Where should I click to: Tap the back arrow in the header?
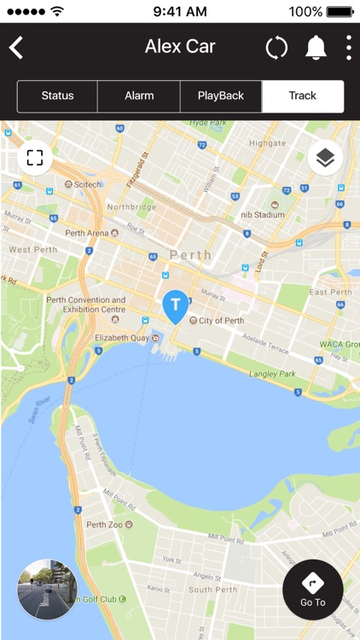[x=16, y=48]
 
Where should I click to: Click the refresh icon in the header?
[x=276, y=48]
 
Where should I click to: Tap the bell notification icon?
[x=316, y=48]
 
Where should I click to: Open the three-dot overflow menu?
[x=348, y=48]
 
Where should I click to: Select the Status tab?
[x=57, y=96]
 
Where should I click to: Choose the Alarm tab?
[x=138, y=96]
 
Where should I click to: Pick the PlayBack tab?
[x=220, y=96]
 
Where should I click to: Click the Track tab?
[x=302, y=96]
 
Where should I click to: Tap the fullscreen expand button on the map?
[x=34, y=158]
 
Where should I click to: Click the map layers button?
[x=325, y=158]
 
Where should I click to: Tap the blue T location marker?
[x=176, y=306]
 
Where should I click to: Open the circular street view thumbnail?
[x=47, y=589]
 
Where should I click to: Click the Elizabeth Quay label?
[x=122, y=338]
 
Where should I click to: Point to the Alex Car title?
[x=180, y=47]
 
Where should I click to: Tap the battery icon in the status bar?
[x=340, y=11]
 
